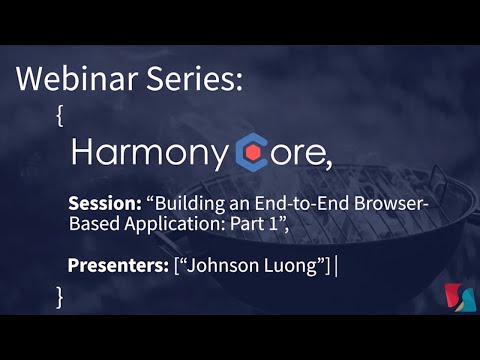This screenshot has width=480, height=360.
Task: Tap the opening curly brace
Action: [x=61, y=116]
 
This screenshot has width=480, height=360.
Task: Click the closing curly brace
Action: [x=60, y=296]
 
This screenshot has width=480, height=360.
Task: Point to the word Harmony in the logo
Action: [x=150, y=152]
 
